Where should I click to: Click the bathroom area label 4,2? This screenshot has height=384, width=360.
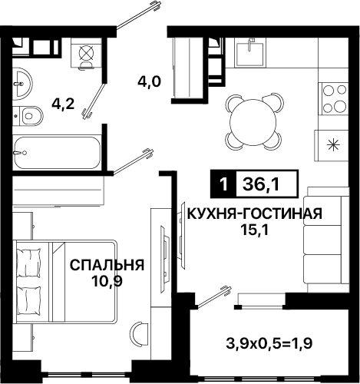pyautogui.click(x=63, y=104)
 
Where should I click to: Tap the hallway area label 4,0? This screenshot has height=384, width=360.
pyautogui.click(x=149, y=82)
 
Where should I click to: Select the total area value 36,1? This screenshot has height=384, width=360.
pyautogui.click(x=261, y=184)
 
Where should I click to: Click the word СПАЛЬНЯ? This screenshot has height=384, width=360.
pyautogui.click(x=107, y=265)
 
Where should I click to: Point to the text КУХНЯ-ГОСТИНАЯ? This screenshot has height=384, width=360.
pyautogui.click(x=255, y=214)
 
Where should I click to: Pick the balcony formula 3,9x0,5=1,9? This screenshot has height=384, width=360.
pyautogui.click(x=269, y=343)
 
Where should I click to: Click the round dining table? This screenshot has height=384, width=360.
pyautogui.click(x=253, y=121)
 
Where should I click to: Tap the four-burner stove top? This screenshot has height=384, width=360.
pyautogui.click(x=334, y=99)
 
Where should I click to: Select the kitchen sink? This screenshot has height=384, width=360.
pyautogui.click(x=249, y=53)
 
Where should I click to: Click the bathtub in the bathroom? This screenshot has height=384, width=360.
pyautogui.click(x=57, y=153)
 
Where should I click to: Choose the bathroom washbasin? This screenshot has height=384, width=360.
pyautogui.click(x=22, y=84)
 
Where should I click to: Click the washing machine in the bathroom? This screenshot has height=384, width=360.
pyautogui.click(x=86, y=53)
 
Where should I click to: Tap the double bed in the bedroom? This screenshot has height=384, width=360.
pyautogui.click(x=65, y=281)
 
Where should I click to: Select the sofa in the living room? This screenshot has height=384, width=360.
pyautogui.click(x=326, y=240)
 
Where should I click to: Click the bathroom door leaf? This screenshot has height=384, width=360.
pyautogui.click(x=94, y=101)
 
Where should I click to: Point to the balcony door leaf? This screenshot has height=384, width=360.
pyautogui.click(x=214, y=297)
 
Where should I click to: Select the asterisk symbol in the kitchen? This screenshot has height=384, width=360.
pyautogui.click(x=334, y=145)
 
